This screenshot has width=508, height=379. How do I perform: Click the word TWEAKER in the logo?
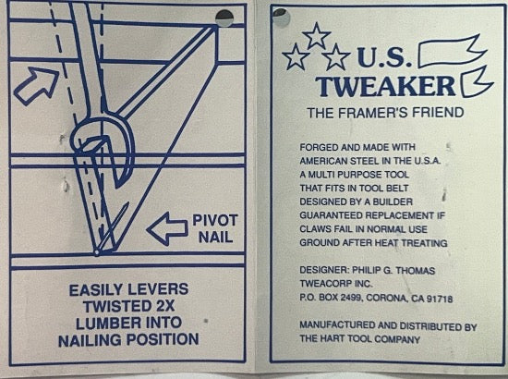385,86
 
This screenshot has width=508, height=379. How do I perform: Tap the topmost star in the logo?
316,36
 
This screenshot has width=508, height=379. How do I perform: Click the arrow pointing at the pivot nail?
167,229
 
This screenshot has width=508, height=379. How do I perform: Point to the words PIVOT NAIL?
215,229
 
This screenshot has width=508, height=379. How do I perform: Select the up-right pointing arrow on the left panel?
36,85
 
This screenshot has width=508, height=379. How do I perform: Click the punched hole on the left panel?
224,18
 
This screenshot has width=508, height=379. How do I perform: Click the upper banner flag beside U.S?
453,51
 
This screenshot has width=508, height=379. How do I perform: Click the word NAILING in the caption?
91,340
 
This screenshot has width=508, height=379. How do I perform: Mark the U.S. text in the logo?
385,57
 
